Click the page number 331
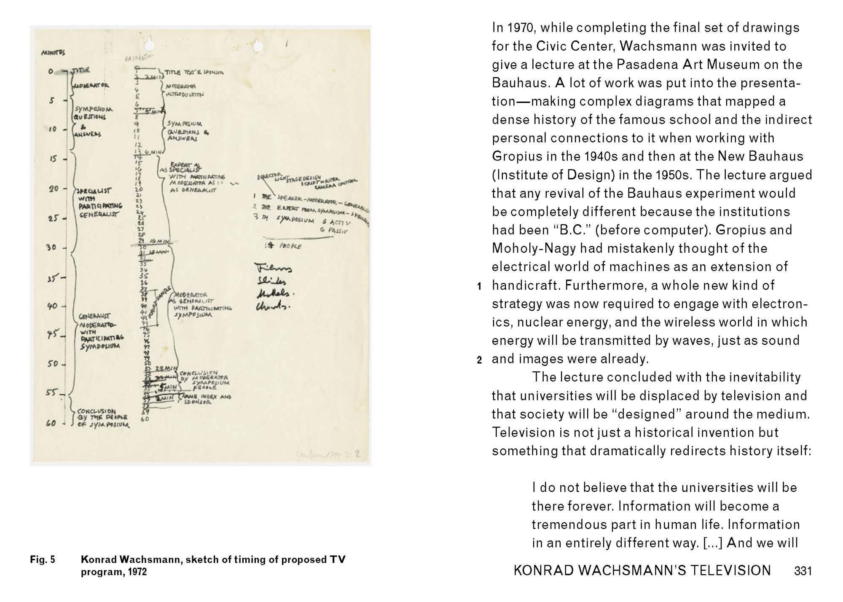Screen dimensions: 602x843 (803, 571)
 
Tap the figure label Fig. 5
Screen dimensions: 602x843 (43, 560)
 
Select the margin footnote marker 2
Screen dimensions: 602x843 (479, 360)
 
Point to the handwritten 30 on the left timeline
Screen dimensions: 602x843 (51, 247)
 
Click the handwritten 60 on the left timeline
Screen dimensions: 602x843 (51, 423)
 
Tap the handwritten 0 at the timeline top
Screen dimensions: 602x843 (51, 72)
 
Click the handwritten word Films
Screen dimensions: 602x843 (273, 268)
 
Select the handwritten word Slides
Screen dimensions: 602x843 (270, 281)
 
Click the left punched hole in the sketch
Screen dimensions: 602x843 (148, 44)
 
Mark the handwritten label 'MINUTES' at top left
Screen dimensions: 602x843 (53, 53)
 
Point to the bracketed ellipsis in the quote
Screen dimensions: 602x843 (712, 543)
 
